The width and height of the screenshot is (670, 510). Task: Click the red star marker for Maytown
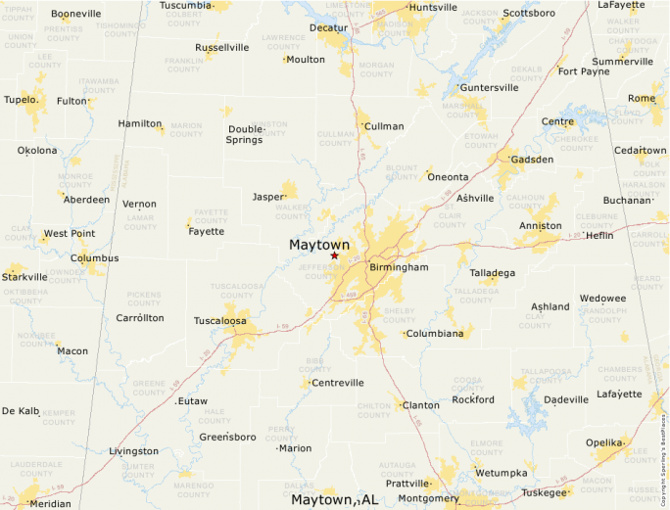[334, 255]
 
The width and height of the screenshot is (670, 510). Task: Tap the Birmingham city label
[399, 267]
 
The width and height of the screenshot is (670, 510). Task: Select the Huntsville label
[433, 8]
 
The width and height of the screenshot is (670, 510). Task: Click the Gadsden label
[533, 160]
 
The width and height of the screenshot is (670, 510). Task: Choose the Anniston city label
[541, 226]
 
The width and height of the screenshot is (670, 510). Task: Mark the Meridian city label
[50, 503]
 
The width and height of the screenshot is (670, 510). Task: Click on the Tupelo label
[21, 100]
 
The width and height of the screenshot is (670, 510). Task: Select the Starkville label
[24, 278]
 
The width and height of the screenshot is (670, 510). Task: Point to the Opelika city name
[605, 443]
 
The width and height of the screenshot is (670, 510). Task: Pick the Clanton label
[421, 405]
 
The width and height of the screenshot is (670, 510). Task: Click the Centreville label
[337, 383]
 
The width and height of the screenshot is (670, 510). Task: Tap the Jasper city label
[267, 197]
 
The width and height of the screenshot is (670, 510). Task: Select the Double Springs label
[246, 134]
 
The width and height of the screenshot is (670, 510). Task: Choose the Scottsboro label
[529, 14]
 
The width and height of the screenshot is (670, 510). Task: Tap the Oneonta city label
[449, 177]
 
